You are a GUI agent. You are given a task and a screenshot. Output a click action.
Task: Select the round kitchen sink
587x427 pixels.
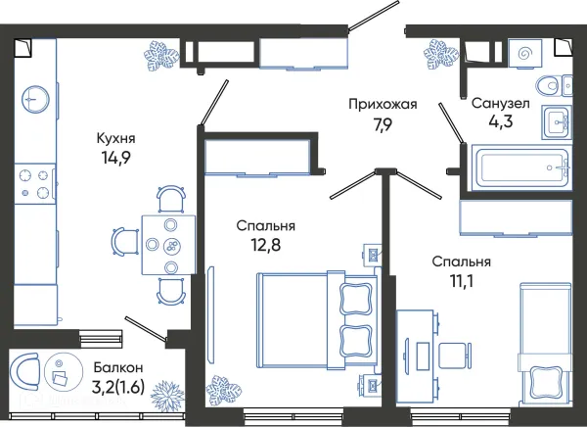tap(36, 97)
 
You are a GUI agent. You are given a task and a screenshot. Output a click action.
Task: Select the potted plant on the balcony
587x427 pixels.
tap(168, 397)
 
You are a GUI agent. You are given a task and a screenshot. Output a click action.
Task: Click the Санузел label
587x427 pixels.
tap(501, 102)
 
